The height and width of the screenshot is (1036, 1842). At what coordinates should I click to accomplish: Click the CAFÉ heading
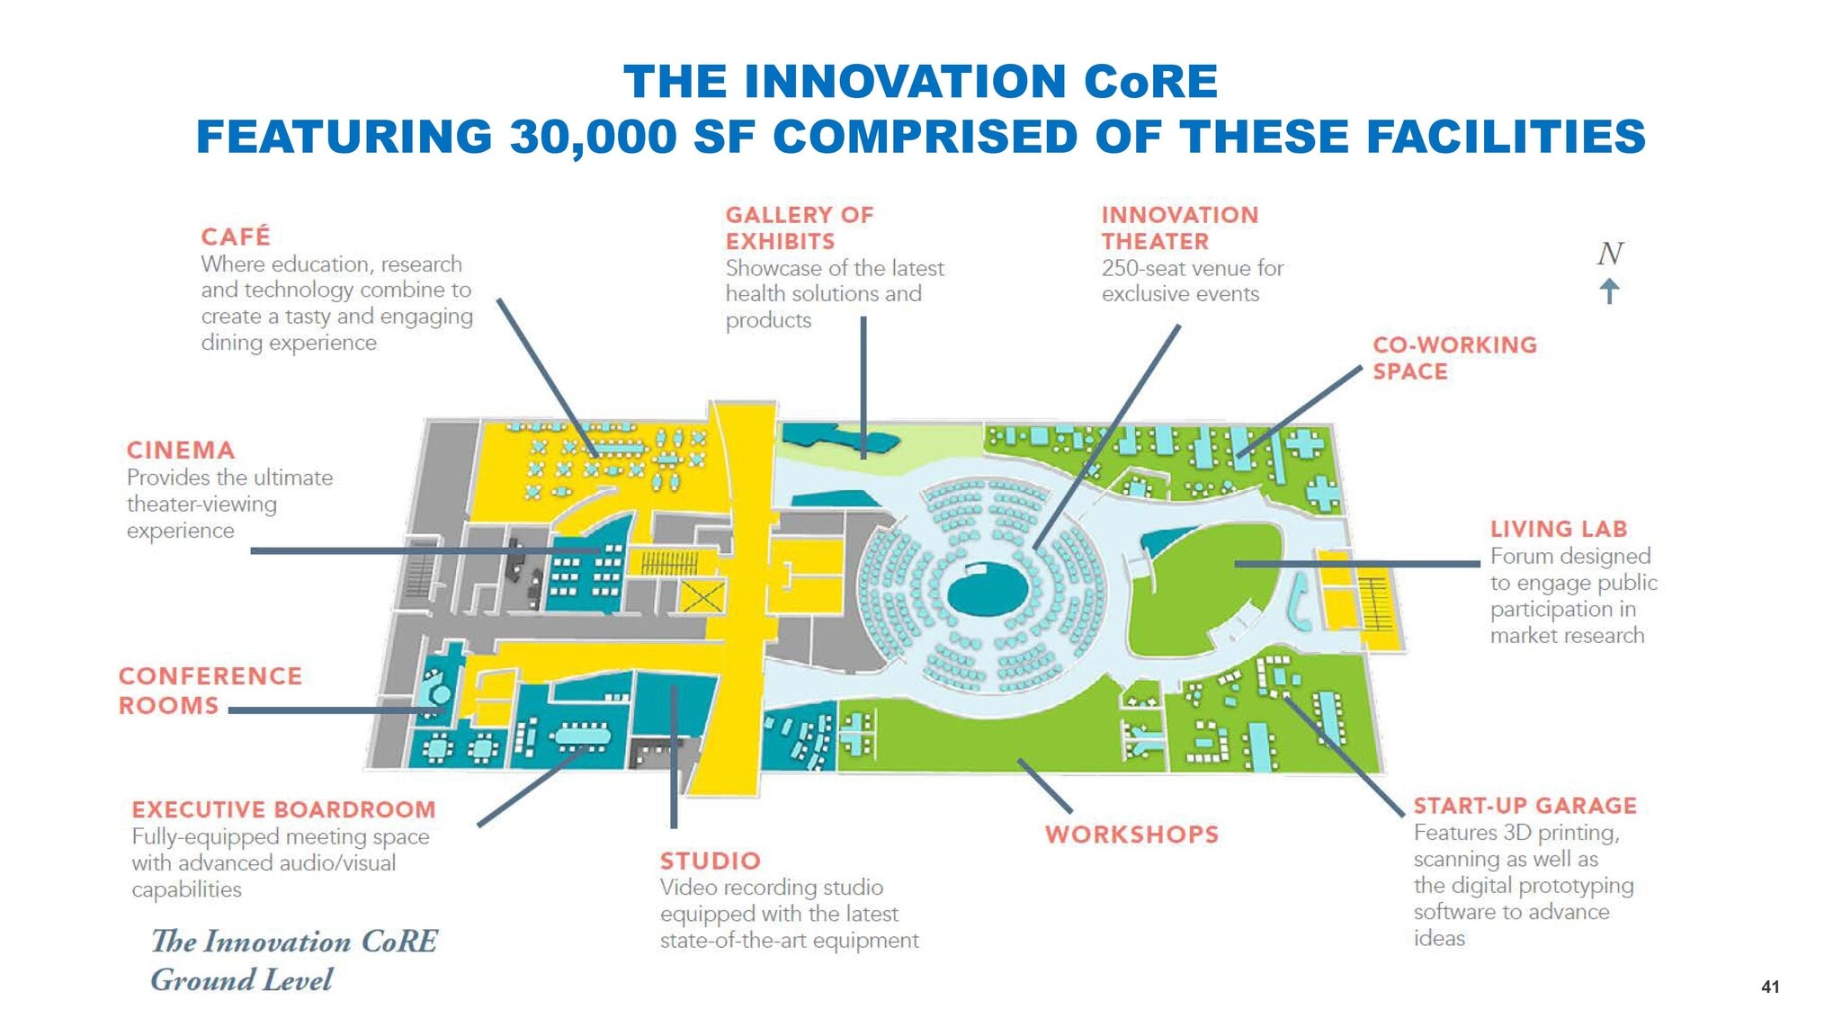pyautogui.click(x=235, y=237)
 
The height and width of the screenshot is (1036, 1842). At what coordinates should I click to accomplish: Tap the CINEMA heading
pyautogui.click(x=181, y=451)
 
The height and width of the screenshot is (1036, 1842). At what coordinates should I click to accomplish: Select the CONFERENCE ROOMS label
pyautogui.click(x=210, y=691)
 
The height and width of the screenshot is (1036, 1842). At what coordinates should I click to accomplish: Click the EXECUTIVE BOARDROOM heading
pyautogui.click(x=283, y=810)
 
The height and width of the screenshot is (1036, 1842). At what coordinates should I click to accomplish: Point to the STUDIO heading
pyautogui.click(x=710, y=862)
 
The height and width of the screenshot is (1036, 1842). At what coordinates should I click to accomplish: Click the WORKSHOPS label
pyautogui.click(x=1131, y=835)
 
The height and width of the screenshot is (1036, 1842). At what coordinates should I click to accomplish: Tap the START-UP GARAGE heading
pyautogui.click(x=1524, y=806)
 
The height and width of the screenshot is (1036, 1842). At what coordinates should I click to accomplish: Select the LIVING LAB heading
pyautogui.click(x=1558, y=530)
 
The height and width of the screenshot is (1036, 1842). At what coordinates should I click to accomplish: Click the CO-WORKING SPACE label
pyautogui.click(x=1453, y=358)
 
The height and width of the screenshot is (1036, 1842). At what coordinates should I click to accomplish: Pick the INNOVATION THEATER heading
pyautogui.click(x=1179, y=228)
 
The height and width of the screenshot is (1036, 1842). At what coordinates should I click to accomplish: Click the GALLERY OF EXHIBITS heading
pyautogui.click(x=799, y=228)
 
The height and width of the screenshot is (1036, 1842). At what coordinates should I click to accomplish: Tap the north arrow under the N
pyautogui.click(x=1609, y=290)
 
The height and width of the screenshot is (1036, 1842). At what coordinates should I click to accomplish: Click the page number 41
pyautogui.click(x=1769, y=987)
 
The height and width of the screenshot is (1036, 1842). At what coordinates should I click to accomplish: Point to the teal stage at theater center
pyautogui.click(x=987, y=589)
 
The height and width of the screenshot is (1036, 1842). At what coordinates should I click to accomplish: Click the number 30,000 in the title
pyautogui.click(x=593, y=137)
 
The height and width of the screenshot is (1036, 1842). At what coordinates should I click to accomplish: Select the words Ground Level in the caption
pyautogui.click(x=241, y=979)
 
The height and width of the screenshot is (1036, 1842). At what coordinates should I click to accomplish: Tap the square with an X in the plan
pyautogui.click(x=702, y=596)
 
